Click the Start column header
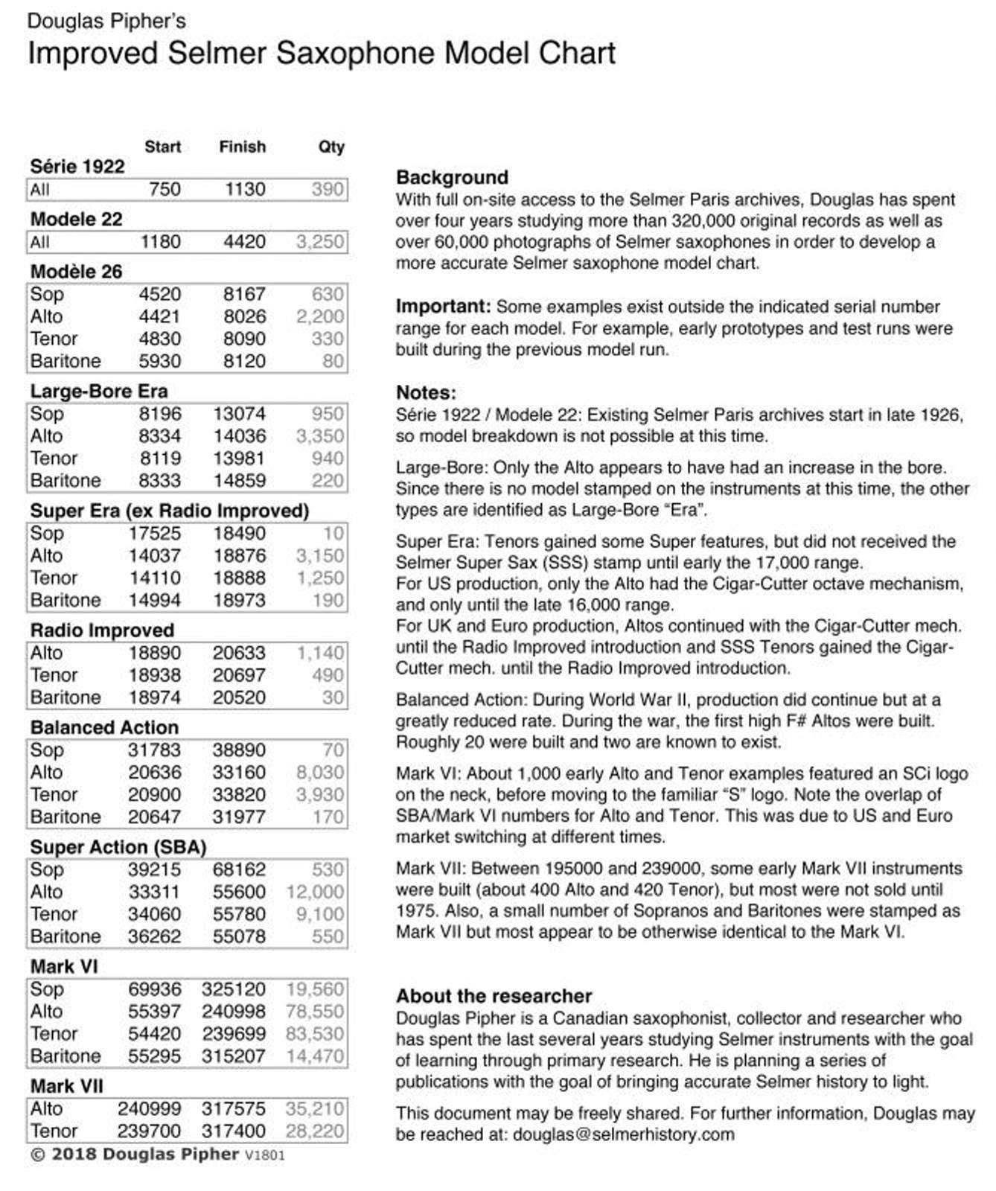[x=162, y=147]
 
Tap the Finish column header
[x=242, y=147]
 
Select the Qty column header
[x=331, y=147]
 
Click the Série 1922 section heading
[x=77, y=167]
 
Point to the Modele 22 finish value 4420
[x=244, y=242]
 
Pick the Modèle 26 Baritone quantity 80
[x=333, y=361]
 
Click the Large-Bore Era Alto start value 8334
[x=160, y=436]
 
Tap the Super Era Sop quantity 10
[x=333, y=534]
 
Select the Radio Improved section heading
[x=102, y=630]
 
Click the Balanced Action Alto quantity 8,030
[x=319, y=773]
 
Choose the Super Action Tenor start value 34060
[x=154, y=914]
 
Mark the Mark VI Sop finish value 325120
[x=233, y=989]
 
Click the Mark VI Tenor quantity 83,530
[x=314, y=1034]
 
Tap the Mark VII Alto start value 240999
[x=149, y=1109]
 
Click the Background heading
[x=452, y=177]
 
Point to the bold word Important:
[x=443, y=307]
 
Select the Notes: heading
[x=426, y=392]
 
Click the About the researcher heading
[x=494, y=996]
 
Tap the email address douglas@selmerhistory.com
[x=623, y=1134]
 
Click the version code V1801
[x=264, y=1155]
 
